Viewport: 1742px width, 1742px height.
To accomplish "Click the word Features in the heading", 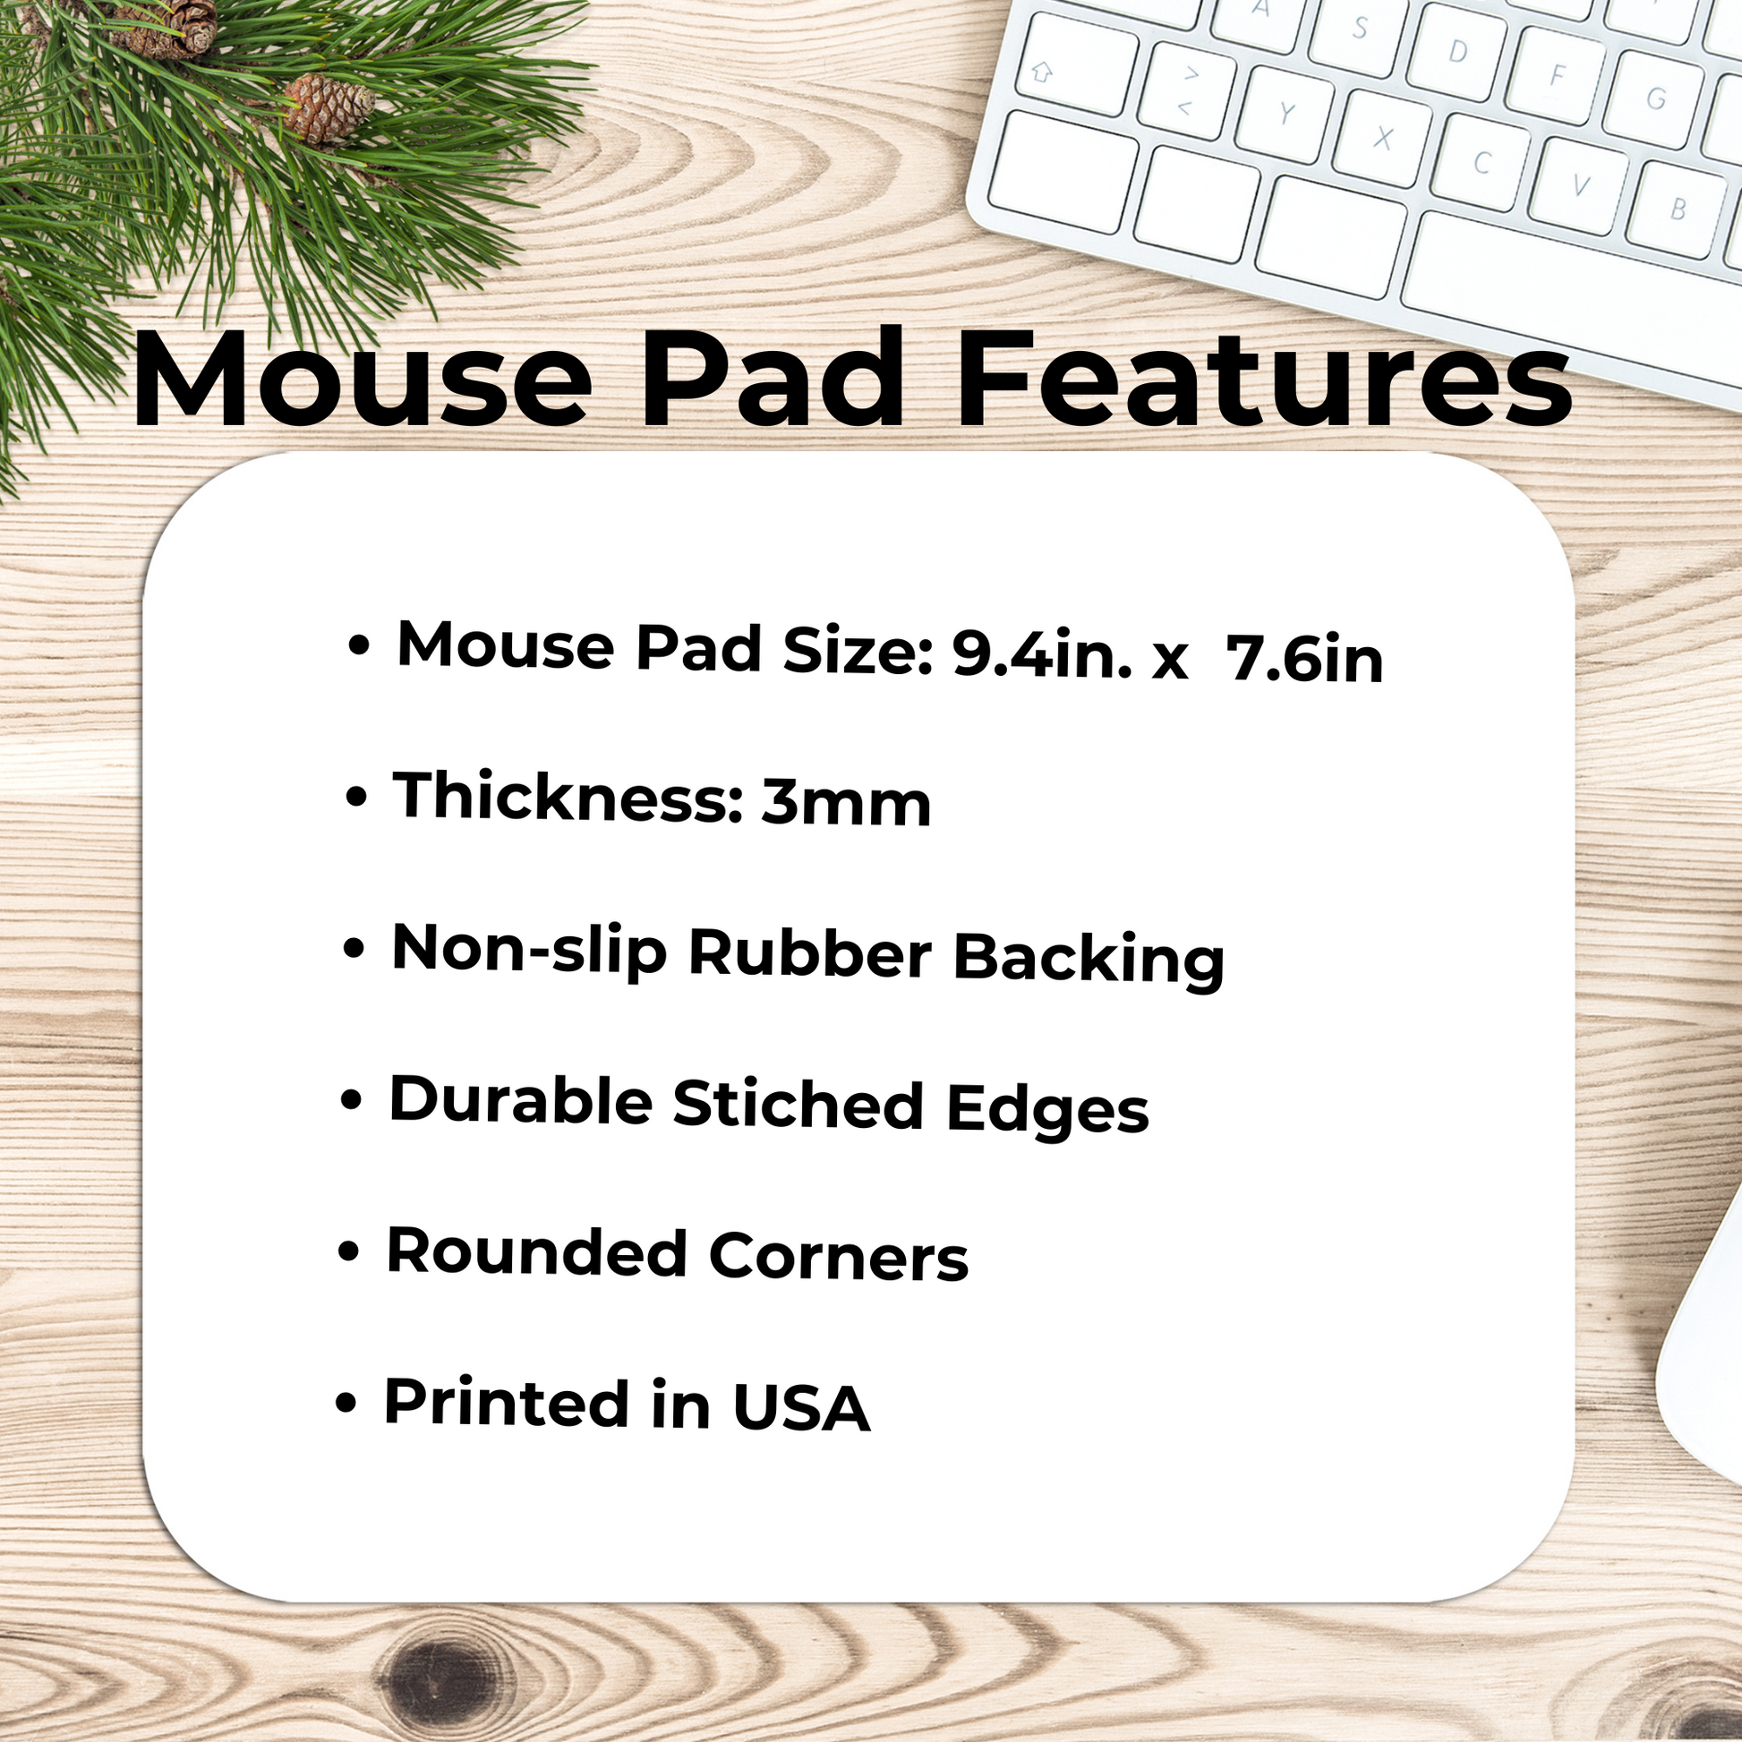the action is [1264, 378].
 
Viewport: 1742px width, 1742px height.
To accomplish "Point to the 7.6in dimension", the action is [1304, 659].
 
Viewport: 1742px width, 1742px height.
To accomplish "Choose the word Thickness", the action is [569, 797].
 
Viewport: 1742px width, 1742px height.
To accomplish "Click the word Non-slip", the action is [529, 951].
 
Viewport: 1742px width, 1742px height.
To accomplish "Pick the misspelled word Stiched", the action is [798, 1104].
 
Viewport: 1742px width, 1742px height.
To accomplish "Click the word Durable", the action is [520, 1101].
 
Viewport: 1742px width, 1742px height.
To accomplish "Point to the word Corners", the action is [839, 1256].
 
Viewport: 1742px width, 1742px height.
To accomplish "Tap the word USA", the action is [800, 1406].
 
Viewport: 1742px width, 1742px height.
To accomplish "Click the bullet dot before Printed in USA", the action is [346, 1403].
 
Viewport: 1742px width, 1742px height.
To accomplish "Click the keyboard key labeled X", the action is [1381, 138].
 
